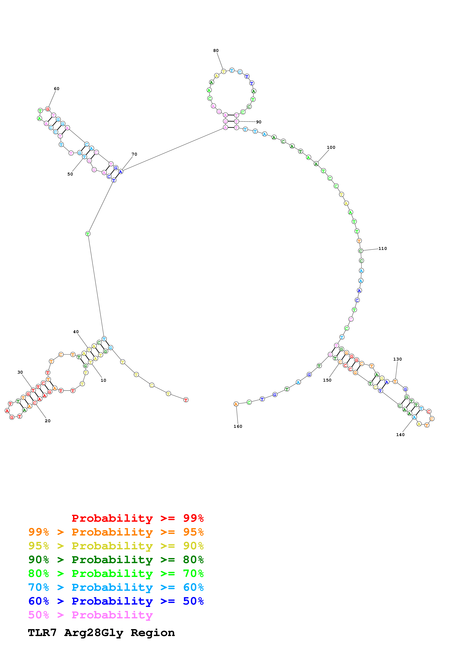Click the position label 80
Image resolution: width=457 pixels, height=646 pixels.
pos(216,51)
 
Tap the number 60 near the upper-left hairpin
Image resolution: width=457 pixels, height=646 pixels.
pos(57,89)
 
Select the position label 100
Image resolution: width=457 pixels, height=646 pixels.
pos(331,148)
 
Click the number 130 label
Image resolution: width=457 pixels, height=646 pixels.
pos(397,359)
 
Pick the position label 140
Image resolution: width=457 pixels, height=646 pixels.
pos(400,435)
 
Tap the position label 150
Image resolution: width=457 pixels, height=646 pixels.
pos(327,380)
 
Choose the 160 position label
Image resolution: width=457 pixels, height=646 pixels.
pos(238,426)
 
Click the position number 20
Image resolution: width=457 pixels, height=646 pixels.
pos(48,421)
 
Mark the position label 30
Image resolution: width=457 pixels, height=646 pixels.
pos(20,372)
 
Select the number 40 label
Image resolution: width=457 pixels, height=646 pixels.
pos(76,332)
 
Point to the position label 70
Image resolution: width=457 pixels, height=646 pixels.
pos(134,154)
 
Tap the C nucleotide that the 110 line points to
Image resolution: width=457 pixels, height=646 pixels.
pos(360,251)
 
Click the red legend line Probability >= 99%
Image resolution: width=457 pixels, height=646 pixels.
pos(137,518)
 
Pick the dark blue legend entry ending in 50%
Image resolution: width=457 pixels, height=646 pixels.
pos(116,601)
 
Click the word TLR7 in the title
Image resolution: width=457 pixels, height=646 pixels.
pos(42,633)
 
